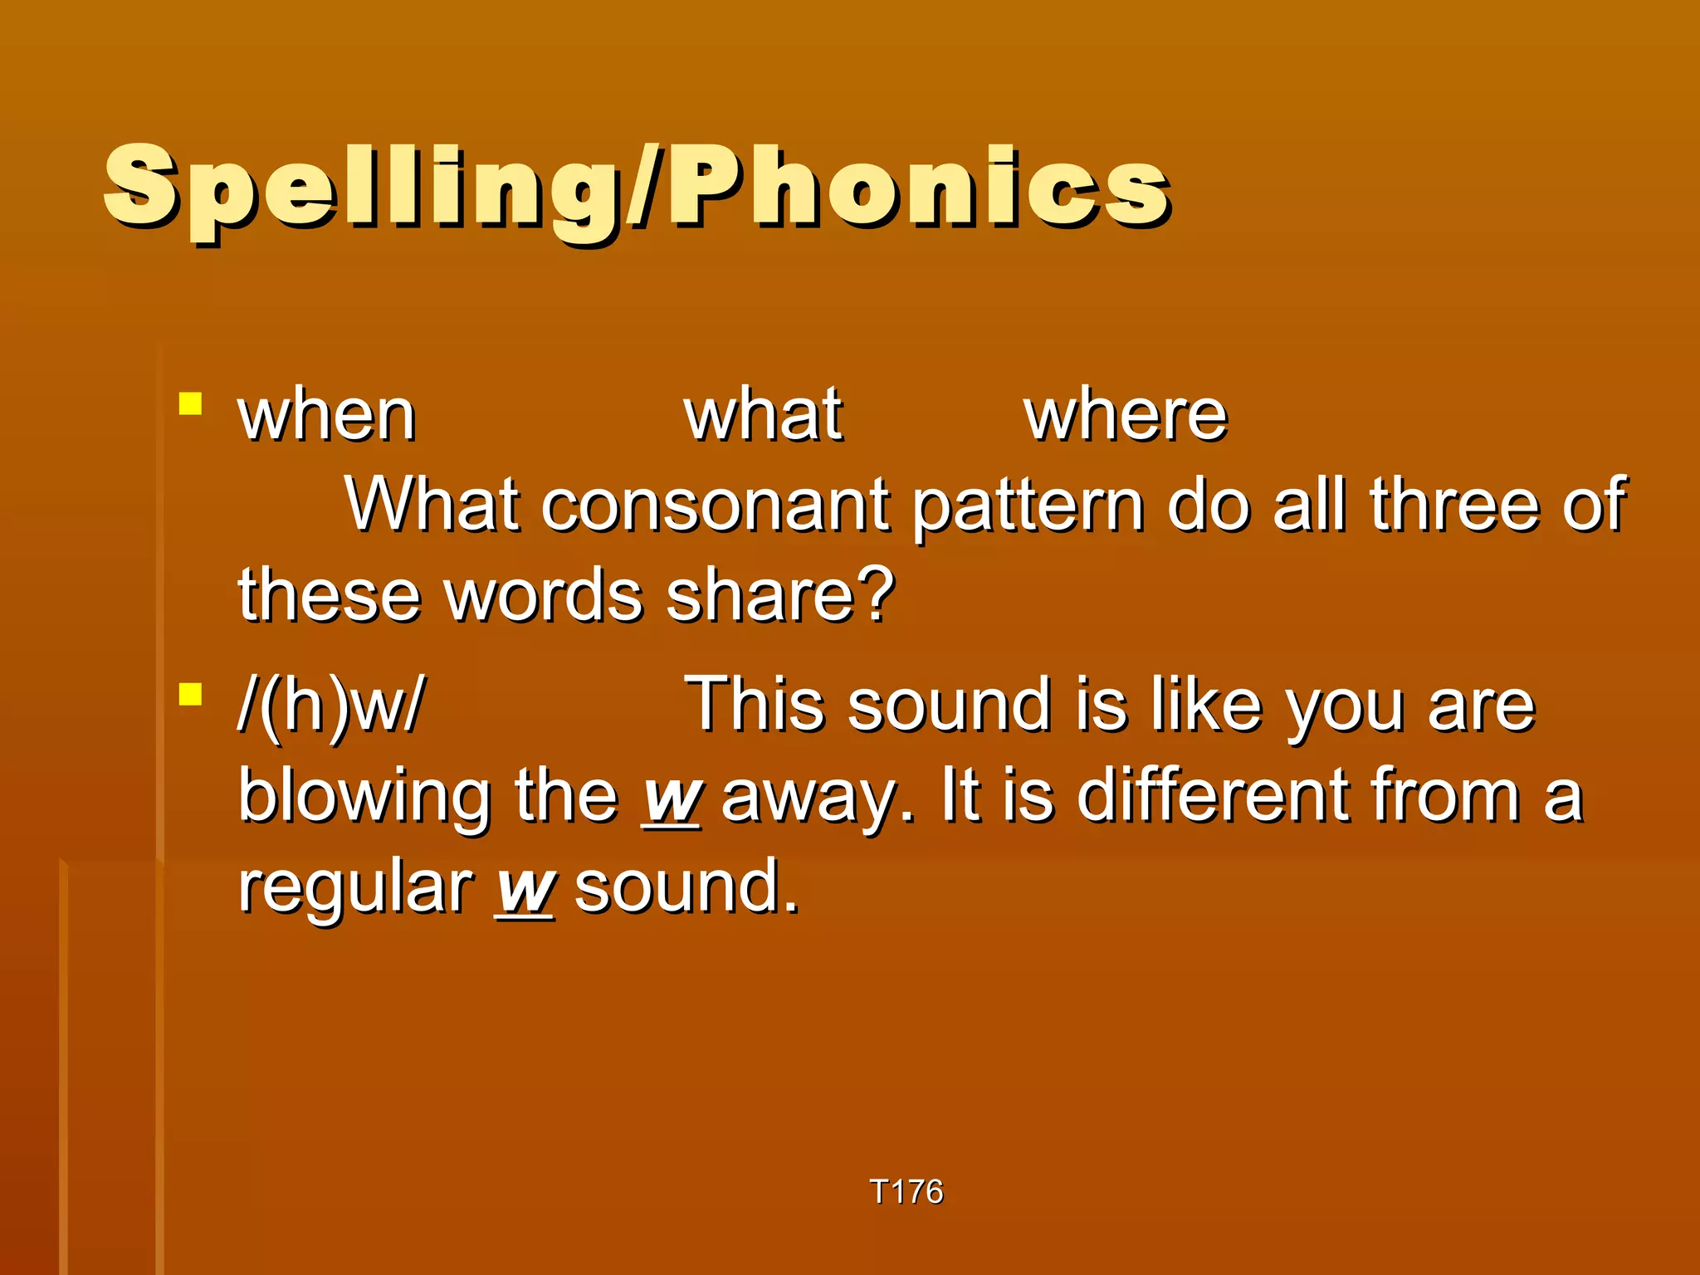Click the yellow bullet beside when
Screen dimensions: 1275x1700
coord(191,404)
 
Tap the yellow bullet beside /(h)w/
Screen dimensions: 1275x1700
coord(191,693)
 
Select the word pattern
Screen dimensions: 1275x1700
coord(1028,506)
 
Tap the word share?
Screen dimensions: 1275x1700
coord(779,595)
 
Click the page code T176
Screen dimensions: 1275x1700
coord(906,1191)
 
